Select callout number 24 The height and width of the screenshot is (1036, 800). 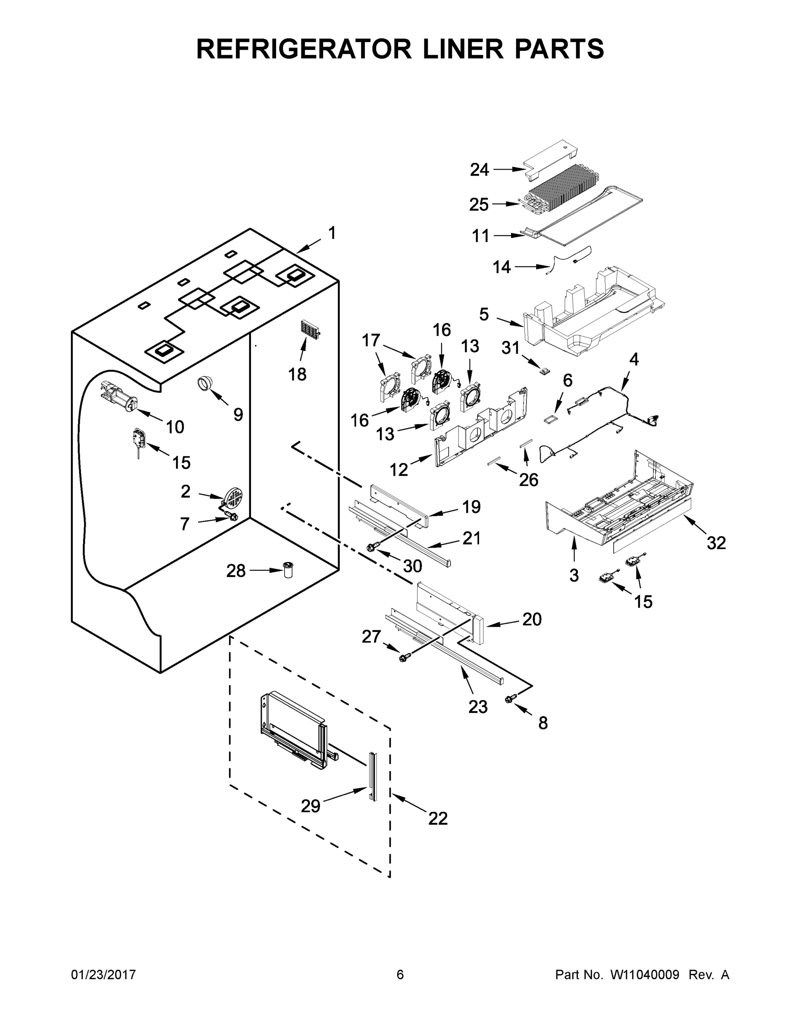[479, 169]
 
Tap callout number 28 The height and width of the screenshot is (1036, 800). [235, 571]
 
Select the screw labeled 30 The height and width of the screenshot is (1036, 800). [371, 548]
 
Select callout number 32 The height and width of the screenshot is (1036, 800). [715, 543]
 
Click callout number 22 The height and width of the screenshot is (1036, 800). [437, 818]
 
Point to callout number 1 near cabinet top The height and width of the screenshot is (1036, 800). [332, 234]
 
